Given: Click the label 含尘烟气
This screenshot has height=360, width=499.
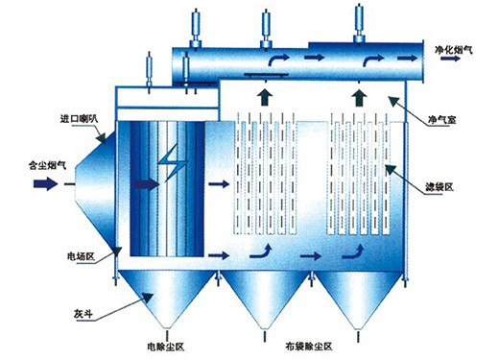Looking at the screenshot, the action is tap(48, 165).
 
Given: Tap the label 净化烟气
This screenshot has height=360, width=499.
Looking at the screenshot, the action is tap(453, 49).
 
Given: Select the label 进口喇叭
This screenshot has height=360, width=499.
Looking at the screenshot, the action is tap(79, 119).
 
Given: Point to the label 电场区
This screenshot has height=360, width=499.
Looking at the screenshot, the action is tap(81, 256).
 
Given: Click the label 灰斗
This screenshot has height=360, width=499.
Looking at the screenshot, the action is tap(83, 314).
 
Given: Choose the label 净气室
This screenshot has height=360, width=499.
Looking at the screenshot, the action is tap(441, 120).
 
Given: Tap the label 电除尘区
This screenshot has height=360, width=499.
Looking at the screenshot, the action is tap(166, 347).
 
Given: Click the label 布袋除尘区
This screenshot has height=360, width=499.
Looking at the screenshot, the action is tap(309, 346).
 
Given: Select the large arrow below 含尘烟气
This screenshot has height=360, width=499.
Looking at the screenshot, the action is tap(46, 183).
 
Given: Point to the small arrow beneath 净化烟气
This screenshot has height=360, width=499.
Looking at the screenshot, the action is tap(450, 59).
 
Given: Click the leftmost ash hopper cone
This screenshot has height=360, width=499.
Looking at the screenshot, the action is tap(166, 296).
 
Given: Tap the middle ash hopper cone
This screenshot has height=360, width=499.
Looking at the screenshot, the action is tap(265, 297).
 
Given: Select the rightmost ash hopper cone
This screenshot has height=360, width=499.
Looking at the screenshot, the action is tap(358, 297).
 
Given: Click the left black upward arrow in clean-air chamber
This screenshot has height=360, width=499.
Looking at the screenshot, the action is tap(265, 97).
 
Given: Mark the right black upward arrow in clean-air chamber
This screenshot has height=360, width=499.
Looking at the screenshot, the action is tap(359, 98).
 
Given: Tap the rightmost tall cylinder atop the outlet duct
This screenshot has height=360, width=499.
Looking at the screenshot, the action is tap(360, 22).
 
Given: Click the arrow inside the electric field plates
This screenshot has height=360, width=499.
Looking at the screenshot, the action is tap(147, 184).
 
